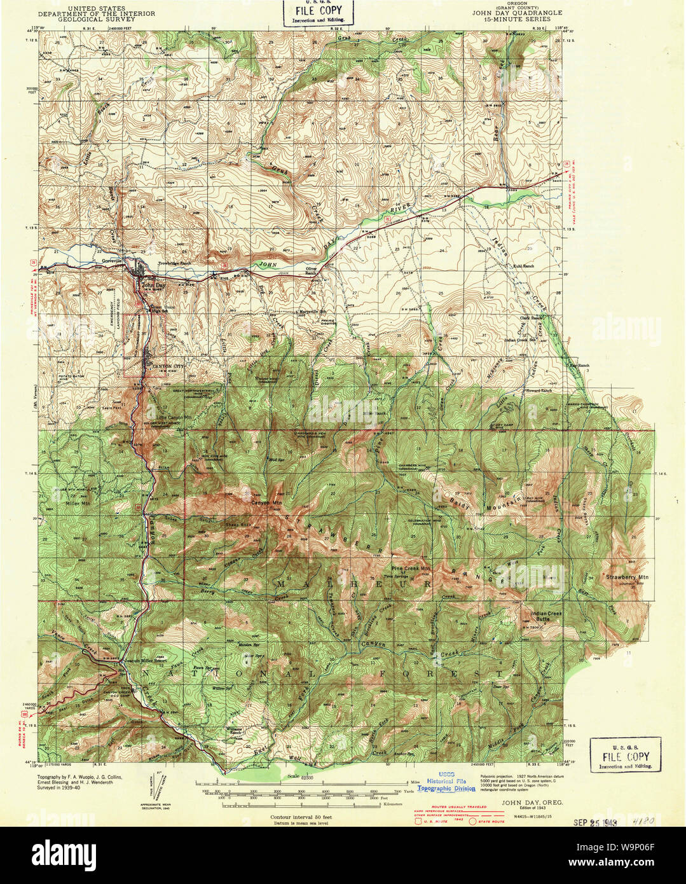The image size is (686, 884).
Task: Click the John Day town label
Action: point(152,286)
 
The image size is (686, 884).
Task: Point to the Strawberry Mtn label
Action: point(624,577)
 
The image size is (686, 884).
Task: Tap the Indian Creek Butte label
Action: point(546,616)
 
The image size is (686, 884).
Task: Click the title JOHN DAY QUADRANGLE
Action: point(517,11)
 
